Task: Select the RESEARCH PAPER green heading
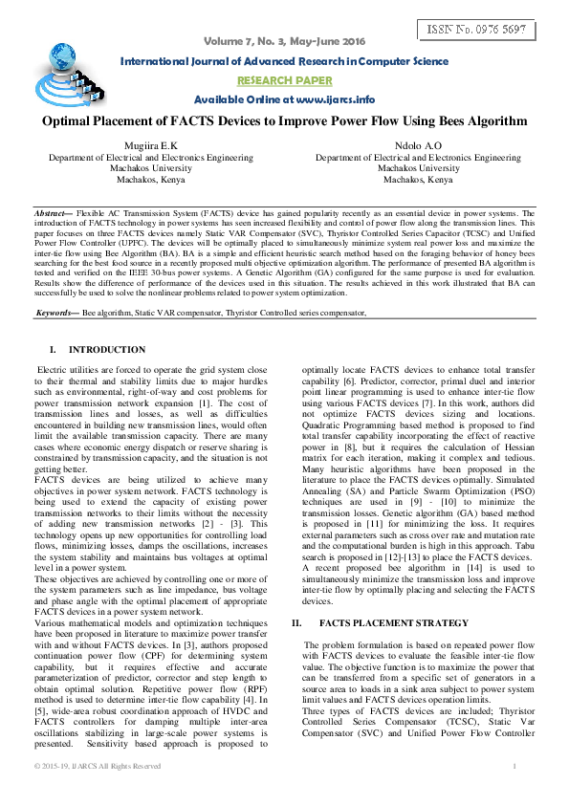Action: tap(284, 81)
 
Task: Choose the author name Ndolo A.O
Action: tap(418, 145)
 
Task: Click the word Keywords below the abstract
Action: tap(56, 286)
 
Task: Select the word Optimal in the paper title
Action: tap(68, 121)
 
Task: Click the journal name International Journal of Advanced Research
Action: tap(283, 62)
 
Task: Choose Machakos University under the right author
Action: tap(418, 168)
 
